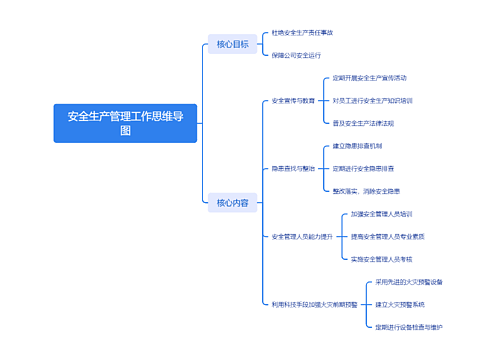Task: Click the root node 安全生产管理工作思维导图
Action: pyautogui.click(x=125, y=123)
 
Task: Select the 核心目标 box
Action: pyautogui.click(x=232, y=44)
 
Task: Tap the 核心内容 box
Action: pyautogui.click(x=232, y=203)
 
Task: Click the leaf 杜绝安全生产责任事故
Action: pyautogui.click(x=302, y=33)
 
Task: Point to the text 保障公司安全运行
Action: pyautogui.click(x=295, y=55)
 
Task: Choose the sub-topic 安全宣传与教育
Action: pyautogui.click(x=293, y=100)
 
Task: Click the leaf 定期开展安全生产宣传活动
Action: pyautogui.click(x=370, y=77)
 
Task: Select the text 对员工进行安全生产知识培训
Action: pyautogui.click(x=373, y=100)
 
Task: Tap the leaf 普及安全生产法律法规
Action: pyautogui.click(x=364, y=123)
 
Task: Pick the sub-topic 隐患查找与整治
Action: pyautogui.click(x=293, y=168)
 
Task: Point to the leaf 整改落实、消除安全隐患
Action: pyautogui.click(x=367, y=190)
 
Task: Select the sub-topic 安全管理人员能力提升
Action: pyautogui.click(x=302, y=236)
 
